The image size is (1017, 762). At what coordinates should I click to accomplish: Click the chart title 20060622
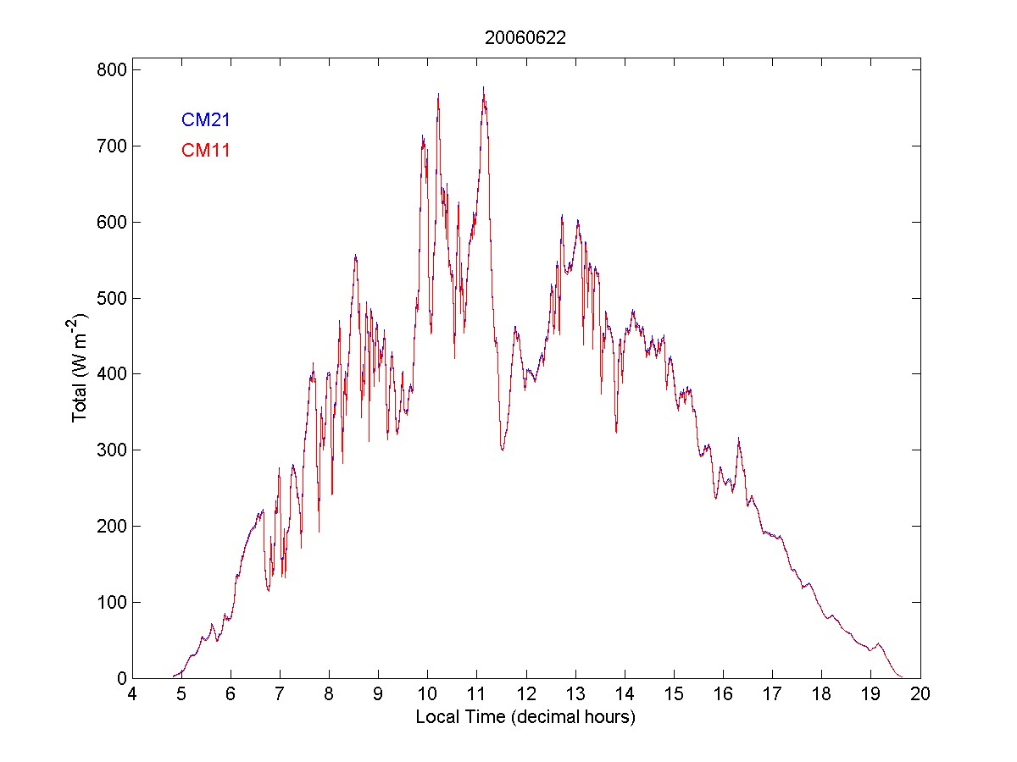[x=525, y=37]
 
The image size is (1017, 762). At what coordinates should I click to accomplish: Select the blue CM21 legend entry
[x=206, y=120]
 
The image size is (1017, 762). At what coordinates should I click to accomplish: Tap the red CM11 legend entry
[x=206, y=151]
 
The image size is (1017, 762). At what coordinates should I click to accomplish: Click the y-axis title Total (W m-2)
[x=81, y=368]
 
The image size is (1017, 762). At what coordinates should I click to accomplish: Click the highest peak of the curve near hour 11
[x=483, y=88]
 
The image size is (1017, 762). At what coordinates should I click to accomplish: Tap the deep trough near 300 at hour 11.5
[x=503, y=450]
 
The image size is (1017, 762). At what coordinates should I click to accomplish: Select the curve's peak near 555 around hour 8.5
[x=355, y=256]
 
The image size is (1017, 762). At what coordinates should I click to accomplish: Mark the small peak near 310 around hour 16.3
[x=738, y=439]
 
